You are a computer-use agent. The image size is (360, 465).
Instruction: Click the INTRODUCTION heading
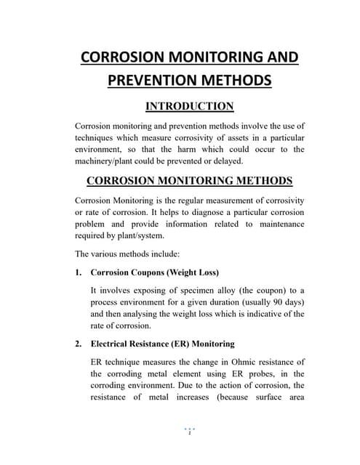pos(189,106)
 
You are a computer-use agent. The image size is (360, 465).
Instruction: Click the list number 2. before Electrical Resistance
pos(79,344)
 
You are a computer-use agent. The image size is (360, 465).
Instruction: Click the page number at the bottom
pos(189,434)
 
